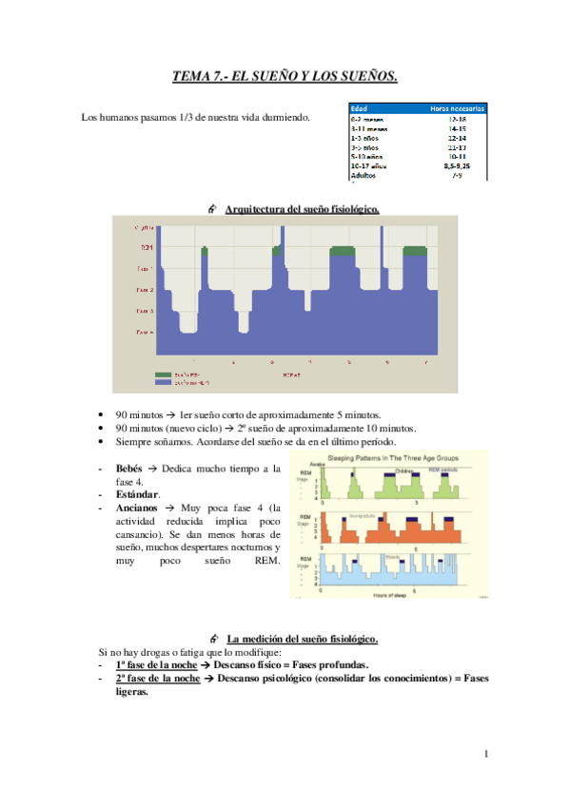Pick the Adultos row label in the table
[x=364, y=176]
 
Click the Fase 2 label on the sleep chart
[x=146, y=289]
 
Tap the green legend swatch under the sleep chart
[x=162, y=375]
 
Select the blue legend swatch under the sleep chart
[x=162, y=383]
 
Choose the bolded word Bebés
[x=129, y=470]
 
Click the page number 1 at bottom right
[x=485, y=755]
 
